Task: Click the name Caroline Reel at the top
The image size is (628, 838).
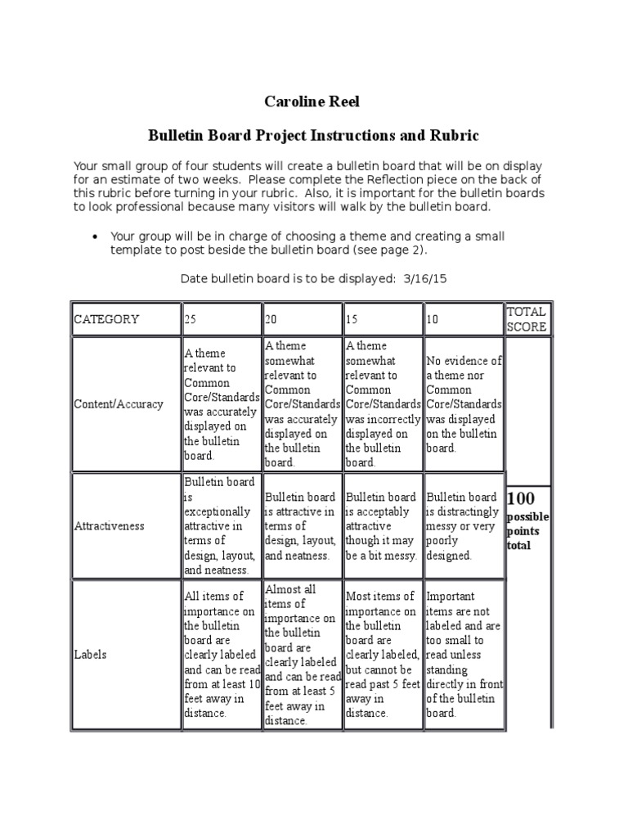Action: tap(313, 101)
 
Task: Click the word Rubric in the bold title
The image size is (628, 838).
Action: tap(448, 135)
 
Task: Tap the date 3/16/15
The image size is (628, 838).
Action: tap(425, 278)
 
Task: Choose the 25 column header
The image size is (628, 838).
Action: tap(191, 319)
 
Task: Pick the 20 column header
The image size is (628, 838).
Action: tap(271, 319)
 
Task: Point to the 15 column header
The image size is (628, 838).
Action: tap(352, 319)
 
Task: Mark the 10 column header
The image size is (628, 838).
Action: tap(433, 319)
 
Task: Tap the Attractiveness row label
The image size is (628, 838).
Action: tap(109, 525)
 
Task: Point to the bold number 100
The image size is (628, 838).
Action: tap(521, 498)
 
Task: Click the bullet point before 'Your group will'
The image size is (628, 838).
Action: tap(96, 237)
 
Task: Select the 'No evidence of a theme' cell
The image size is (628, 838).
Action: tap(464, 404)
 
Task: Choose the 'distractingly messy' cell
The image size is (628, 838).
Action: tap(463, 525)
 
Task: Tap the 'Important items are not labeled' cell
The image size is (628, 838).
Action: tap(463, 655)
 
